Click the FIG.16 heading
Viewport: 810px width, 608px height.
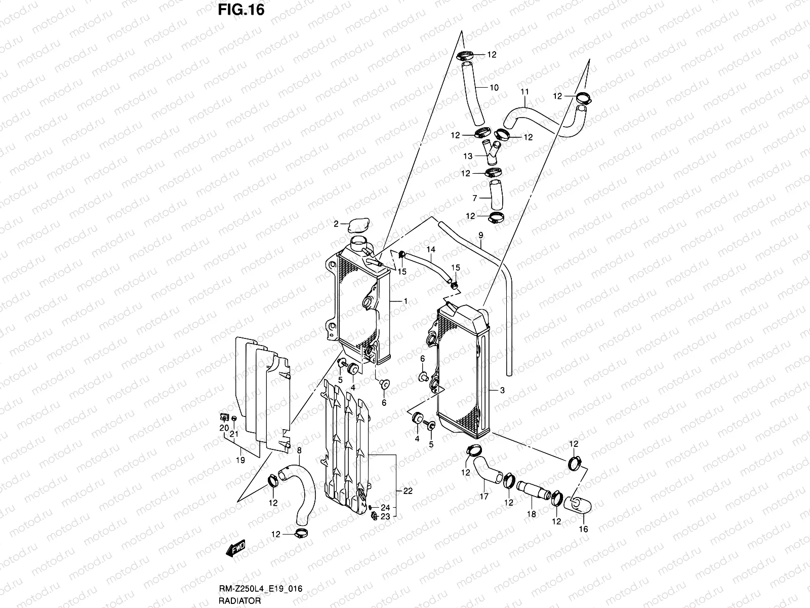pyautogui.click(x=241, y=10)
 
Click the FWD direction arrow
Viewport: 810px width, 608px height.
pyautogui.click(x=235, y=548)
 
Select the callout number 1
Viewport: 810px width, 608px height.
pyautogui.click(x=406, y=301)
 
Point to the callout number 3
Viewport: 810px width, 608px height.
pyautogui.click(x=502, y=390)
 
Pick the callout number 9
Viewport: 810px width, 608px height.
pyautogui.click(x=481, y=235)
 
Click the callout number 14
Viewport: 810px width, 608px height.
pyautogui.click(x=431, y=250)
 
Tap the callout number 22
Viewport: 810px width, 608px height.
pyautogui.click(x=408, y=491)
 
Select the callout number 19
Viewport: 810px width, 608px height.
pyautogui.click(x=240, y=461)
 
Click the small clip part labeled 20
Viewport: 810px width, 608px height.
pyautogui.click(x=224, y=417)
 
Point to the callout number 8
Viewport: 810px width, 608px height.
pyautogui.click(x=299, y=450)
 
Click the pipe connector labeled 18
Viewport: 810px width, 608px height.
pyautogui.click(x=534, y=490)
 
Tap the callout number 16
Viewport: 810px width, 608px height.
pyautogui.click(x=583, y=529)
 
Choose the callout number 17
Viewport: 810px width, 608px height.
pyautogui.click(x=484, y=497)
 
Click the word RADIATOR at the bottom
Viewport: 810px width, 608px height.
pyautogui.click(x=239, y=600)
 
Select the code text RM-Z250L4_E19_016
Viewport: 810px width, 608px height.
pyautogui.click(x=260, y=588)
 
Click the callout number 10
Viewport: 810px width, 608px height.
pyautogui.click(x=494, y=88)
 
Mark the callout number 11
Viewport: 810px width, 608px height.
pyautogui.click(x=524, y=92)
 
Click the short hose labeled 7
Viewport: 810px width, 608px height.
pyautogui.click(x=496, y=195)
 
